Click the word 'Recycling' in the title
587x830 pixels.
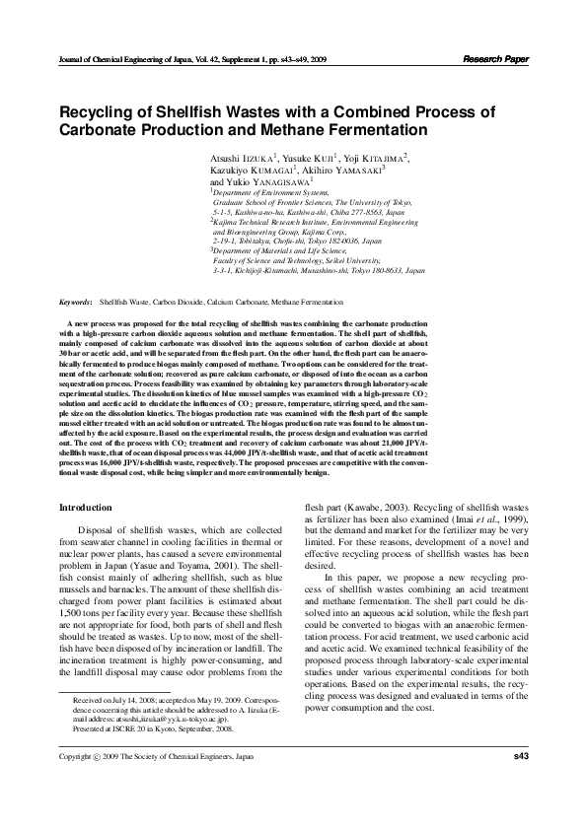coord(97,111)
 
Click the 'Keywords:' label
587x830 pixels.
coord(76,302)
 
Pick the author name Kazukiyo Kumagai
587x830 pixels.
coord(255,171)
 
